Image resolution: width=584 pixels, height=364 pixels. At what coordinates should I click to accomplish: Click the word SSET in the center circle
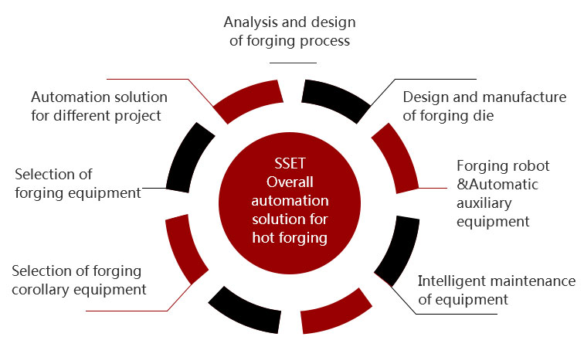(x=290, y=164)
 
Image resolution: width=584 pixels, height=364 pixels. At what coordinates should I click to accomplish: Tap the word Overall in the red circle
(x=290, y=182)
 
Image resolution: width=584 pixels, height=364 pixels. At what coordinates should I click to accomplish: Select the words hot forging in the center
(x=290, y=238)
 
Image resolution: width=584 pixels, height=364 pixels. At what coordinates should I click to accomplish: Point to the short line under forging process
(x=293, y=63)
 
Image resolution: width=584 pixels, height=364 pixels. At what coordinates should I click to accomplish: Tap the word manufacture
(x=523, y=97)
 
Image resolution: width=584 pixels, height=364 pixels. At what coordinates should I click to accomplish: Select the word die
(x=484, y=116)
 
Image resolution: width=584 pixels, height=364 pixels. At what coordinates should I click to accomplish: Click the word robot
(x=531, y=166)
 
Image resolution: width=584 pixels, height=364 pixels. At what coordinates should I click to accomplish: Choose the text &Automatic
(x=497, y=185)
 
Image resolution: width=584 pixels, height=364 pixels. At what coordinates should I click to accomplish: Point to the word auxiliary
(x=484, y=203)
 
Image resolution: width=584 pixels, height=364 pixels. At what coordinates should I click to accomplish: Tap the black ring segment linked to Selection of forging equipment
(x=188, y=157)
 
